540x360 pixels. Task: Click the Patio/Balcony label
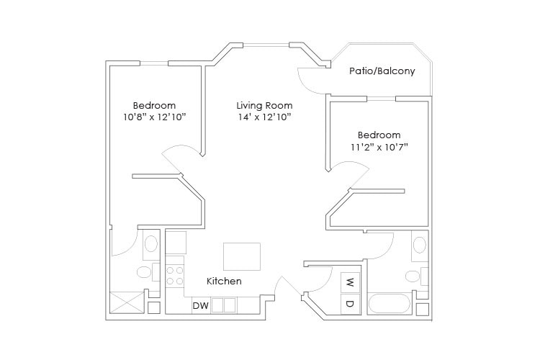click(382, 71)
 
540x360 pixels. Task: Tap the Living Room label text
click(264, 105)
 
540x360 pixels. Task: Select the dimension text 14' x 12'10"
click(264, 117)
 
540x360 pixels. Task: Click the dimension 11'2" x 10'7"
click(379, 147)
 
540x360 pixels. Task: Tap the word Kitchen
click(224, 281)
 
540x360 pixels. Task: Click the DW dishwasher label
click(200, 305)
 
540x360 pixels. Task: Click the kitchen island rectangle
click(241, 256)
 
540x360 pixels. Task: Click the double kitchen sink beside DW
click(224, 305)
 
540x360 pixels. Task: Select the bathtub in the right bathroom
click(390, 303)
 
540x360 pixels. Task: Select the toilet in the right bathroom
click(414, 276)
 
